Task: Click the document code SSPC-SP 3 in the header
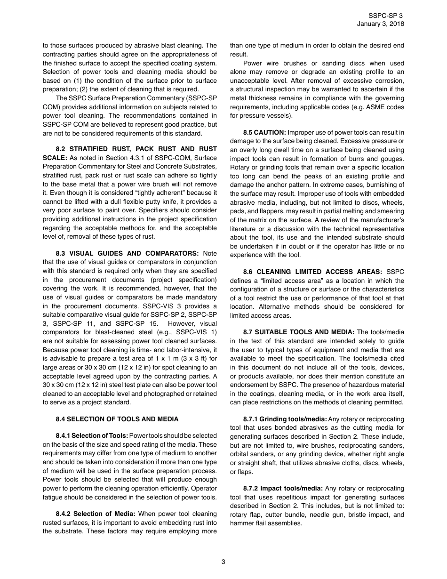pyautogui.click(x=385, y=16)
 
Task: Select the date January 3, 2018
pyautogui.click(x=380, y=24)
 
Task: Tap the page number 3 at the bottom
pyautogui.click(x=223, y=562)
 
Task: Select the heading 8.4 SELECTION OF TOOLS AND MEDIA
pyautogui.click(x=117, y=419)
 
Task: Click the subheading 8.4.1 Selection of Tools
pyautogui.click(x=92, y=435)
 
